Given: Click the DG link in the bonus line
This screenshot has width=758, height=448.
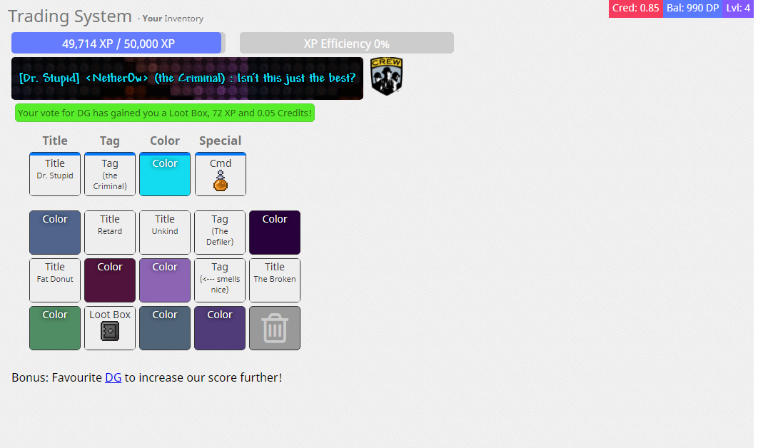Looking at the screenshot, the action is click(x=113, y=377).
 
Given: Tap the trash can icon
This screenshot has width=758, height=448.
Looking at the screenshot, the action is click(x=275, y=328).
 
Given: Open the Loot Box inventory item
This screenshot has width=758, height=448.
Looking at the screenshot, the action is click(x=110, y=328).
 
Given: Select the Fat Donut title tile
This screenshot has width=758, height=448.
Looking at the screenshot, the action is click(x=55, y=280).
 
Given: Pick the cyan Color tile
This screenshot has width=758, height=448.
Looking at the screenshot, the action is click(x=165, y=174).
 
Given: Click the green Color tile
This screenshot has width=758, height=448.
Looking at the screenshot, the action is click(x=55, y=328).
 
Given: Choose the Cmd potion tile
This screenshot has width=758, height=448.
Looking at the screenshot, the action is click(x=221, y=174).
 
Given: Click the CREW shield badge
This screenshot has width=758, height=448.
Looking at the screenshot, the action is click(x=387, y=76).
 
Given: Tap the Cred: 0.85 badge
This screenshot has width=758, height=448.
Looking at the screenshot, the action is click(x=636, y=9).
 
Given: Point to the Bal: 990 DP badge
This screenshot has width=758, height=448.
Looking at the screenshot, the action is click(x=693, y=9).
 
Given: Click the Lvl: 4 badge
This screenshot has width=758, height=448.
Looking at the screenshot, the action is click(x=738, y=9).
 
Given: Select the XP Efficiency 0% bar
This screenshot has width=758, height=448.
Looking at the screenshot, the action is click(x=347, y=43).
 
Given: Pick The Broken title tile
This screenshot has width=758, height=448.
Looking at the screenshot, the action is click(x=275, y=280).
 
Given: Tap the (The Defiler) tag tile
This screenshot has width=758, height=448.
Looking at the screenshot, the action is click(x=220, y=233).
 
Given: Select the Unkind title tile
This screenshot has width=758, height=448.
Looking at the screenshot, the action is click(x=165, y=233).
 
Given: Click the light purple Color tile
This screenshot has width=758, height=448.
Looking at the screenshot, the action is click(x=165, y=280).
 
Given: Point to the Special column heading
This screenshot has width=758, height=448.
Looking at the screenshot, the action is click(x=221, y=141).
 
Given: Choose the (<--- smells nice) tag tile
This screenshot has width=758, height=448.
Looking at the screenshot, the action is click(x=220, y=280).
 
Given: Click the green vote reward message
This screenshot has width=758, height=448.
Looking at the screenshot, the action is click(x=165, y=113).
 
